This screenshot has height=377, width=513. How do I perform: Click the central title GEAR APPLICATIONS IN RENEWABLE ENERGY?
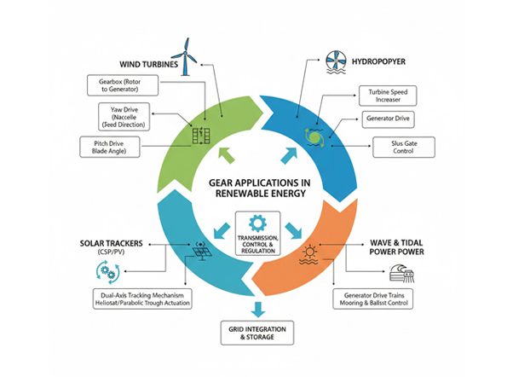(x=256, y=188)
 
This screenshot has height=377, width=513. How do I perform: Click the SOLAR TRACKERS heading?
(x=121, y=243)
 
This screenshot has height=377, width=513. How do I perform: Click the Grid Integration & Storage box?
(x=256, y=333)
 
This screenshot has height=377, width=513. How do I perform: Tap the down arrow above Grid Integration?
(x=256, y=309)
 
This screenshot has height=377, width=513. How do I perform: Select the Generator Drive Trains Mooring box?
(x=375, y=299)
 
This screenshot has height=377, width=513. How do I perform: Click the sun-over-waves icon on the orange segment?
(x=308, y=254)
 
